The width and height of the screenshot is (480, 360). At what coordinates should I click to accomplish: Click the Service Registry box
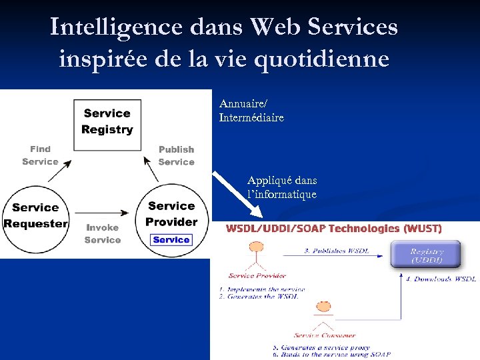pos(107,122)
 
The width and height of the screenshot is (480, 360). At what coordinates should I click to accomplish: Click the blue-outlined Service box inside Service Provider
pos(171,240)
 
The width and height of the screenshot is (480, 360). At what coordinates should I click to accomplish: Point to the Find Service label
pos(40,155)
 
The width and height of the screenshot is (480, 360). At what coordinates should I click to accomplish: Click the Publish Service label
pos(176,156)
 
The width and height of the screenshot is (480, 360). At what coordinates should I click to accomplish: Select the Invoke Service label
pos(103,233)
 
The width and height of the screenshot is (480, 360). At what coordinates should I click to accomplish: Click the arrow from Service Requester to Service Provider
pos(107,213)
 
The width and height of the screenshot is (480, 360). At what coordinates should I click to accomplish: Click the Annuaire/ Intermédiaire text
pos(251,111)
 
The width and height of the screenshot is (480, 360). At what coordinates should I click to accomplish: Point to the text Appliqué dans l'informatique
pos(282,187)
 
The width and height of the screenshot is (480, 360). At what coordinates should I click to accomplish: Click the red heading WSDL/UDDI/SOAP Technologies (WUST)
pos(334,229)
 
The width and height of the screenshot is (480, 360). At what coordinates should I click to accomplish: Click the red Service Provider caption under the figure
pos(257,275)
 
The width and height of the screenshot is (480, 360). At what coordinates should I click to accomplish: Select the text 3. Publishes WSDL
pos(336,251)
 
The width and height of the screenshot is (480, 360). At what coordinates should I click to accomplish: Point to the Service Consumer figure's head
pos(323,307)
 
